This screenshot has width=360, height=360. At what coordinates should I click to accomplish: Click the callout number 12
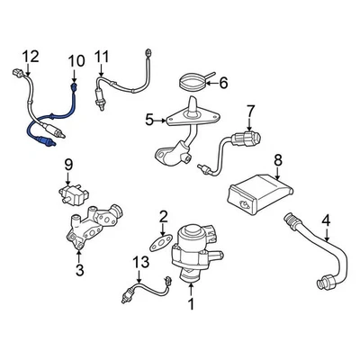(31, 58)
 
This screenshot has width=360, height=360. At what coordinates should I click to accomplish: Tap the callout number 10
(75, 60)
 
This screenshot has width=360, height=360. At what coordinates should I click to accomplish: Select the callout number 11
(102, 57)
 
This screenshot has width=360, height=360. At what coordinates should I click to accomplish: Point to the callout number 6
(224, 84)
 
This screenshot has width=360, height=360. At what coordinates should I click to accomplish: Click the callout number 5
(149, 118)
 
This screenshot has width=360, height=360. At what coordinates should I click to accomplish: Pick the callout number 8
(278, 161)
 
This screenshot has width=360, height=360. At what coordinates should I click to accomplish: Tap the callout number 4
(326, 218)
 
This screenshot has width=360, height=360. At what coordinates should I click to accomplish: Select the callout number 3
(80, 268)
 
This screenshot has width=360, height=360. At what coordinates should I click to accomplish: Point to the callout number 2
(163, 215)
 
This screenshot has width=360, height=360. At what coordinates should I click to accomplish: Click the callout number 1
(190, 304)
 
